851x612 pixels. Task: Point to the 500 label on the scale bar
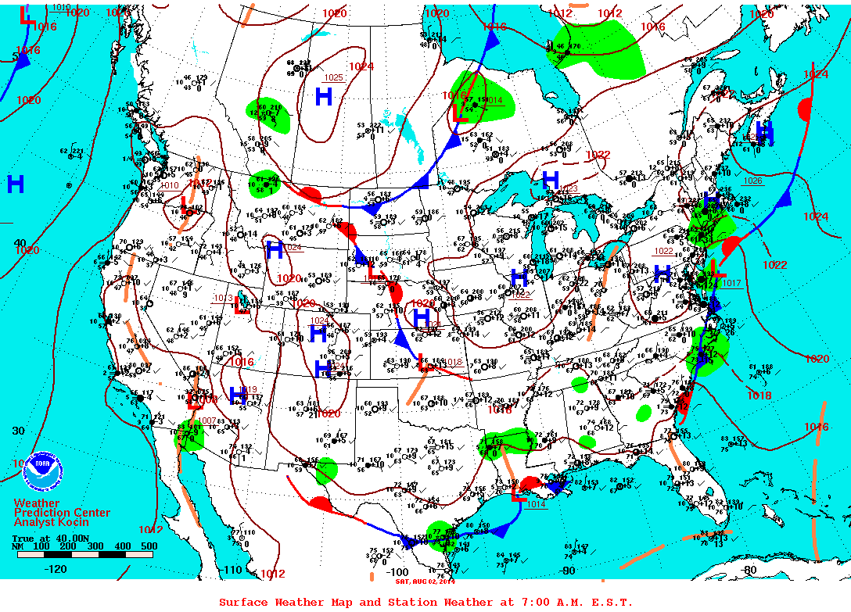(x=149, y=546)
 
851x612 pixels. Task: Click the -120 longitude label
(x=56, y=569)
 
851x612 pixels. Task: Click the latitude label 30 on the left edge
(x=19, y=431)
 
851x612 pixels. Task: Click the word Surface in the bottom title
(x=243, y=603)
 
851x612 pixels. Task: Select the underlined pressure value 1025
(x=334, y=77)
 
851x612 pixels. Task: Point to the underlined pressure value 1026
(x=752, y=181)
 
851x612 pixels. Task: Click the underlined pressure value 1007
(x=206, y=421)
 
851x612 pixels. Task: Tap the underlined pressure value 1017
(x=731, y=283)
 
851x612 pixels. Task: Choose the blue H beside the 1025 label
(x=323, y=97)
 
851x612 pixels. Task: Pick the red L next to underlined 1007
(x=194, y=402)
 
